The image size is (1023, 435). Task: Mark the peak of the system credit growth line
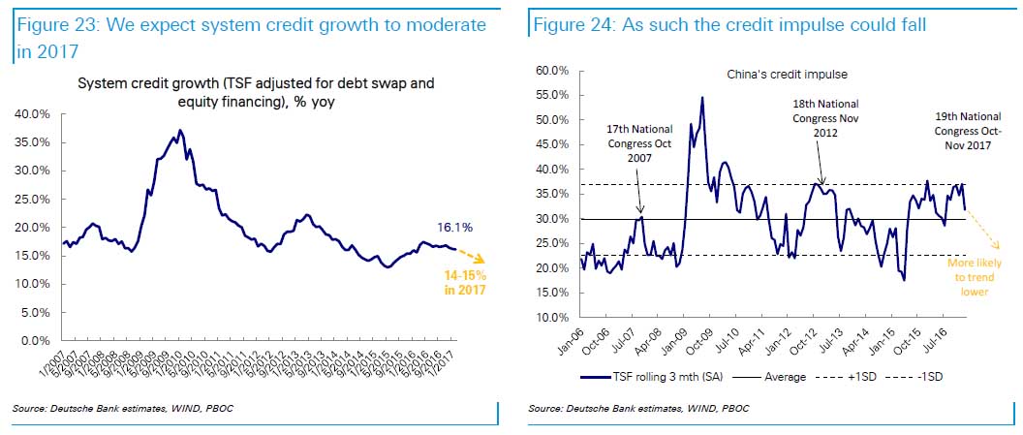(x=179, y=130)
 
